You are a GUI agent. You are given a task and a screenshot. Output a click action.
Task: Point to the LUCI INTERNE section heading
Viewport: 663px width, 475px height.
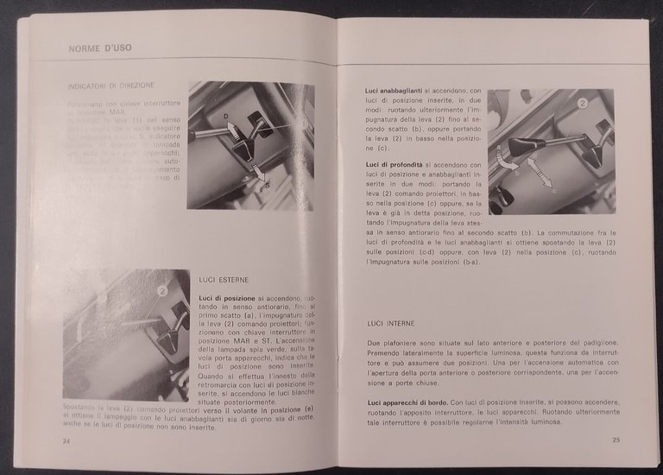[390, 323]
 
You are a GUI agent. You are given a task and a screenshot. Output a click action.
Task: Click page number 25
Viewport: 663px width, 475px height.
[616, 440]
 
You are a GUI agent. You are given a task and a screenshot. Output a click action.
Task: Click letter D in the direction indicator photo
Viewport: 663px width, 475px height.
[226, 116]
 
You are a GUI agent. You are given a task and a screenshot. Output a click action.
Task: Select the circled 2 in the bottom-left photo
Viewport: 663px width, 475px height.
[161, 291]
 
